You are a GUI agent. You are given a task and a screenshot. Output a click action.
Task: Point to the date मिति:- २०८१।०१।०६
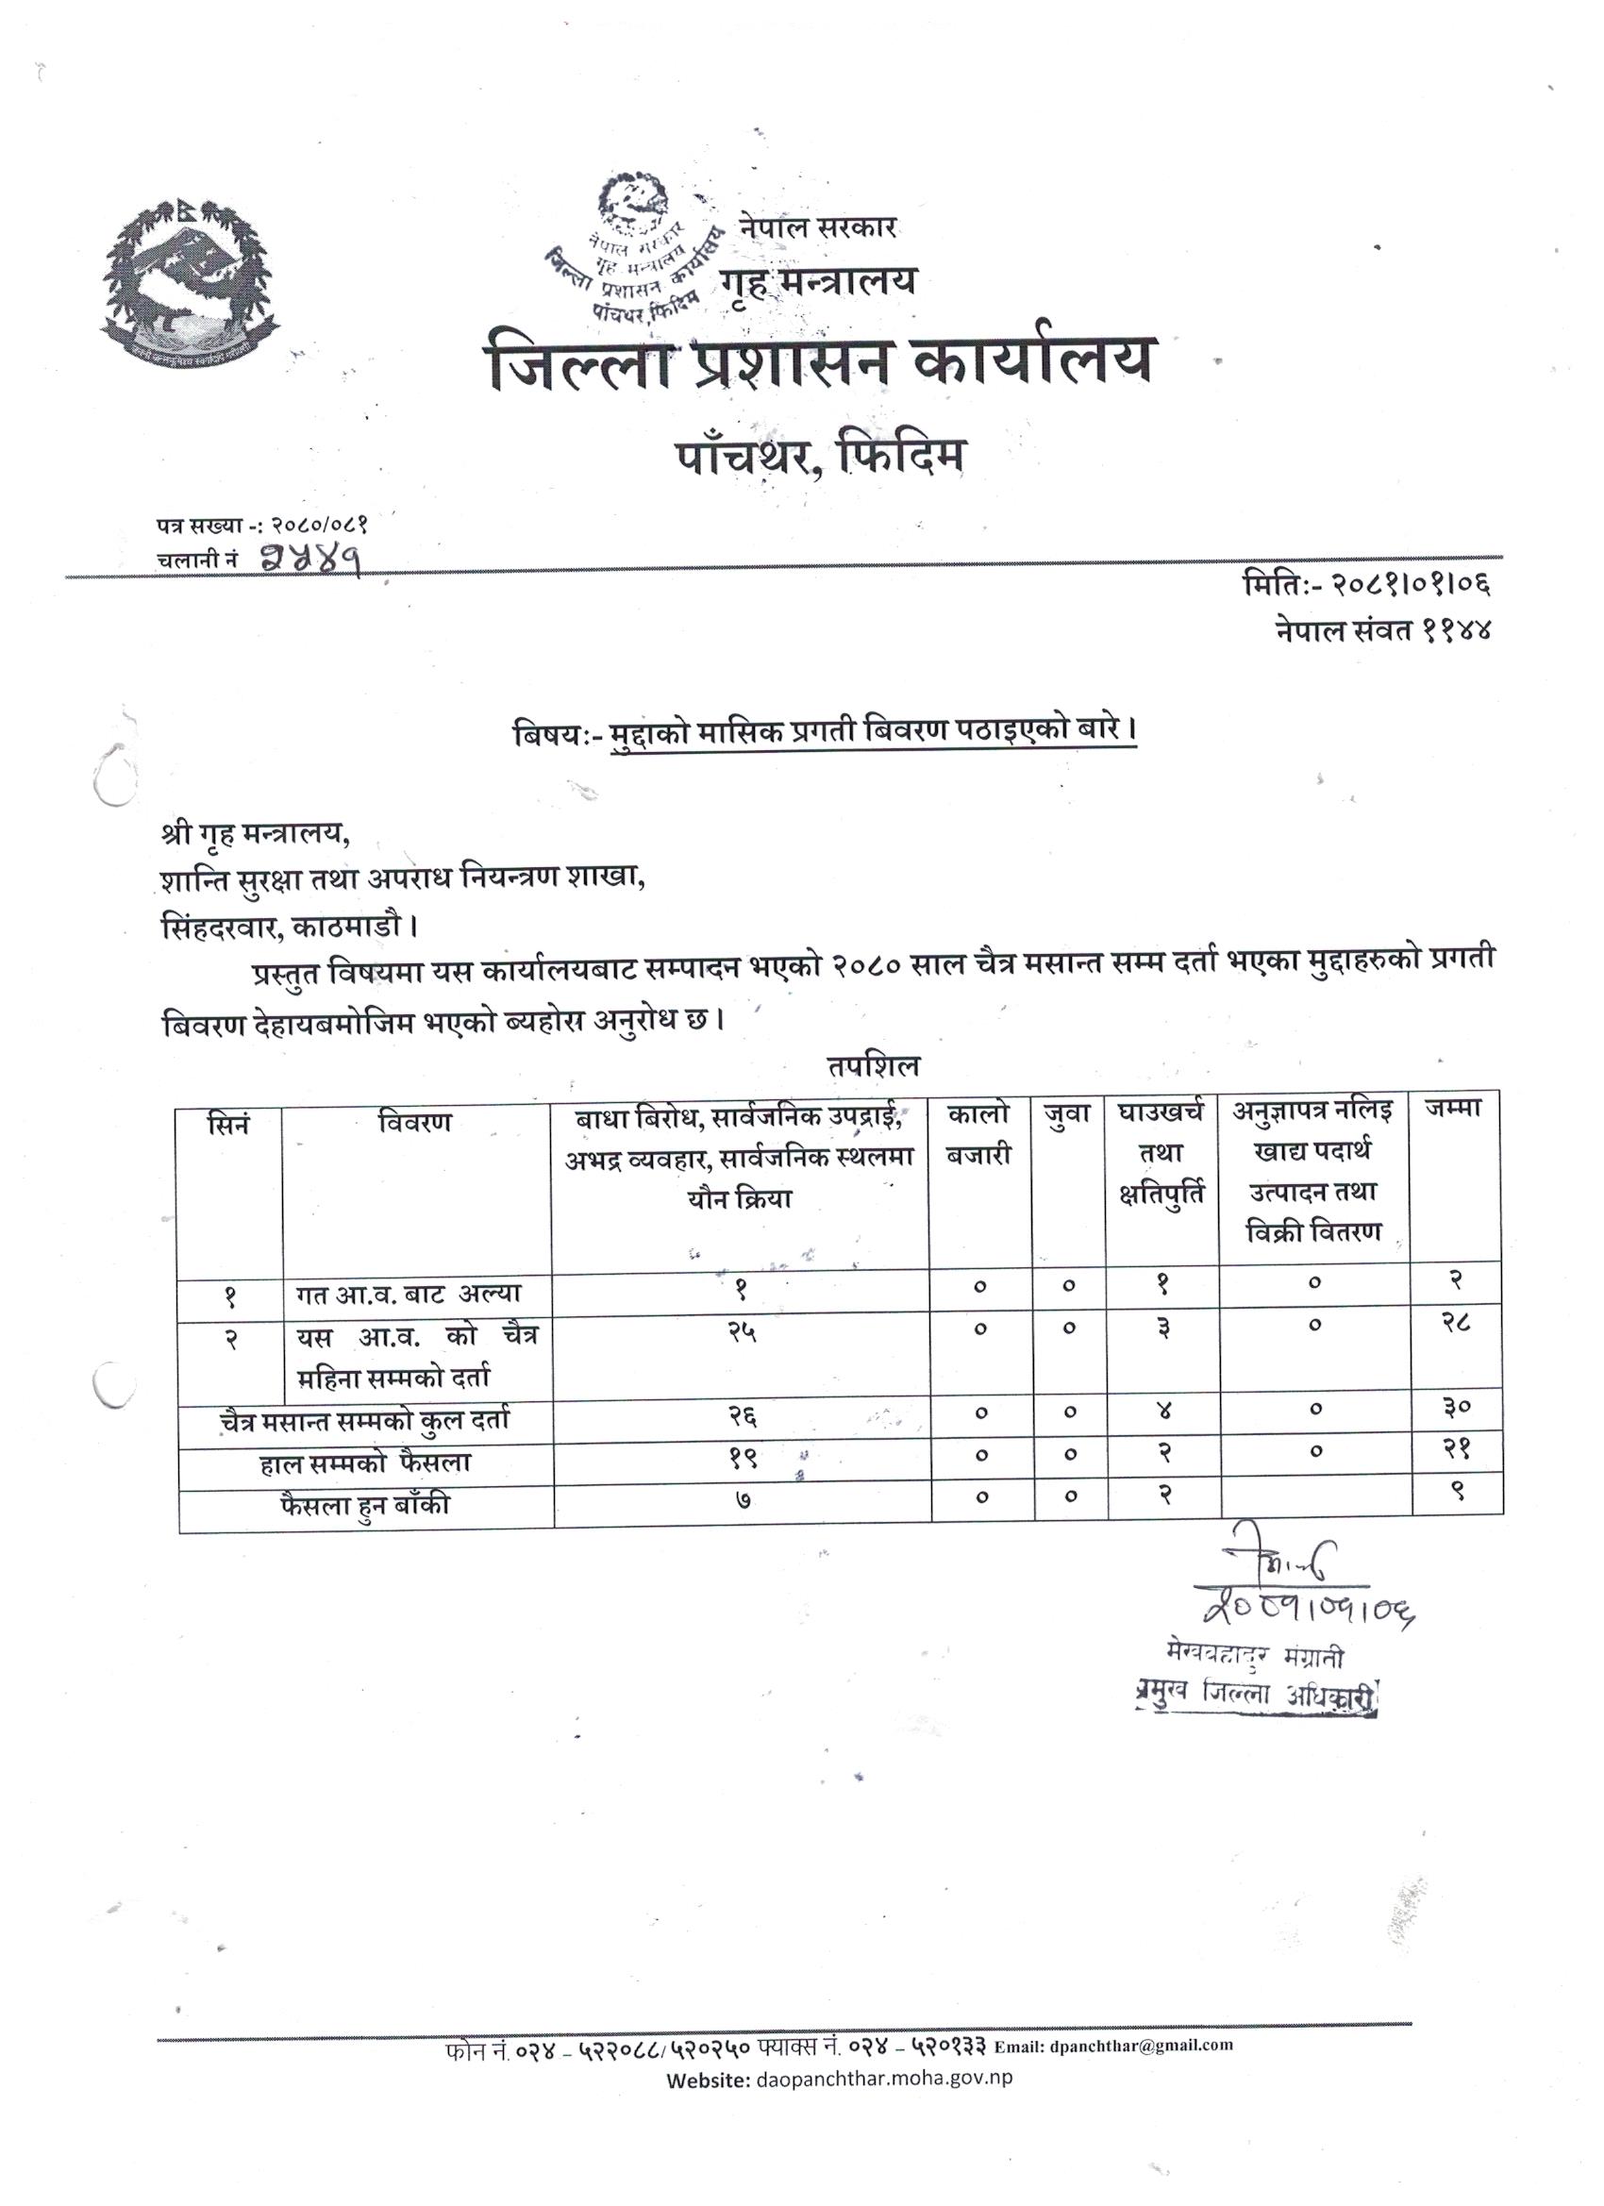click(1367, 585)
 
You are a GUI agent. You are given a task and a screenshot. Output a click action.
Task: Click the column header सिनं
click(229, 1123)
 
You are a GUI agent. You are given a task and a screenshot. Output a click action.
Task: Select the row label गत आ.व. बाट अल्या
click(409, 1295)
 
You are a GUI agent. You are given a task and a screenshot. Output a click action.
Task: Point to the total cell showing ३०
click(1456, 1406)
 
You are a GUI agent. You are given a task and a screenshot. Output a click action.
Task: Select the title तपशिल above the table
click(872, 1066)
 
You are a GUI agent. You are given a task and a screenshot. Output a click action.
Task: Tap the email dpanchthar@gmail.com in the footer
click(1141, 2046)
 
